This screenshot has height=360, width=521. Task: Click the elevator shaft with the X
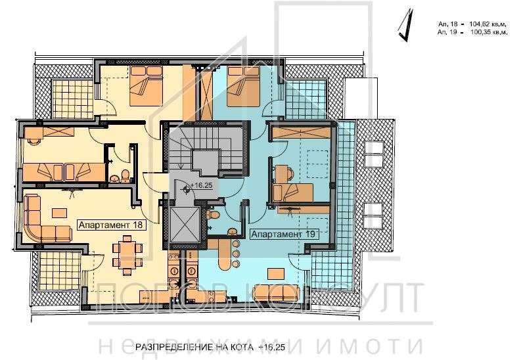[183, 223]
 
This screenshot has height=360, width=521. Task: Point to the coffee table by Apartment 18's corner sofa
[60, 212]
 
